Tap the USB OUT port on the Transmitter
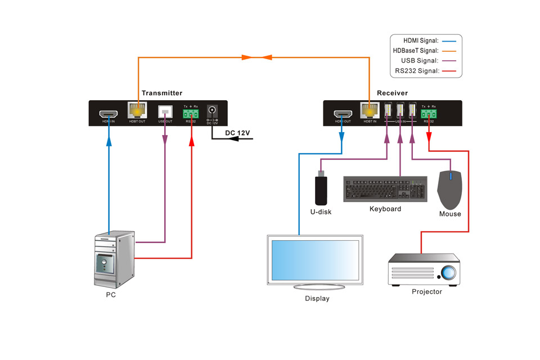(165, 112)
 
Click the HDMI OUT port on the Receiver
(343, 112)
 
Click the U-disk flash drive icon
(321, 190)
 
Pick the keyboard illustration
(385, 190)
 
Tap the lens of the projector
(448, 273)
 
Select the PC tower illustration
(114, 259)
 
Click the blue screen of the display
(315, 260)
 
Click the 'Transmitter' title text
(162, 93)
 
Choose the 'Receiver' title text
(392, 93)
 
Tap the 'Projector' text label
(426, 291)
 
